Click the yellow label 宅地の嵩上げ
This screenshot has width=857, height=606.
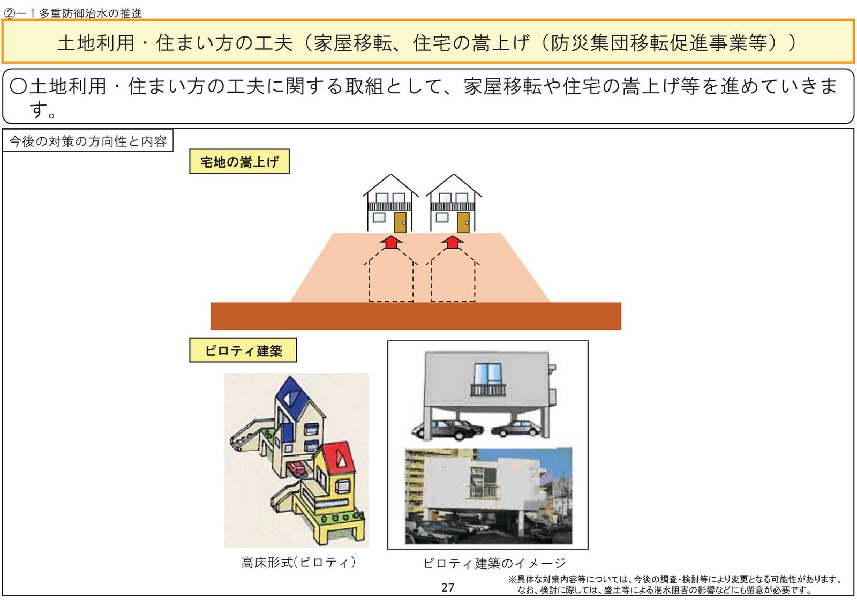click(239, 162)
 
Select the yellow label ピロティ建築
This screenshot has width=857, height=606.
click(243, 350)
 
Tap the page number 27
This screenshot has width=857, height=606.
click(448, 588)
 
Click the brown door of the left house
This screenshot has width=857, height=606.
click(400, 221)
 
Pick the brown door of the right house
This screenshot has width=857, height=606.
click(463, 221)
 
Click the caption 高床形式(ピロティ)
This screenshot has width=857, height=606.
click(298, 563)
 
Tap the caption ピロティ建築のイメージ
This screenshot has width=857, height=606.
click(494, 563)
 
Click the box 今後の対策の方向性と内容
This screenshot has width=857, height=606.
click(88, 141)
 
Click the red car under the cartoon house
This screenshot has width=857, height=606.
click(298, 469)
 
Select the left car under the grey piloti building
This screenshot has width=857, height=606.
click(447, 428)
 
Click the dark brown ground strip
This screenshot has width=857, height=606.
click(416, 316)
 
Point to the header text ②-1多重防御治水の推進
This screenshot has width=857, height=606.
click(73, 13)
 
